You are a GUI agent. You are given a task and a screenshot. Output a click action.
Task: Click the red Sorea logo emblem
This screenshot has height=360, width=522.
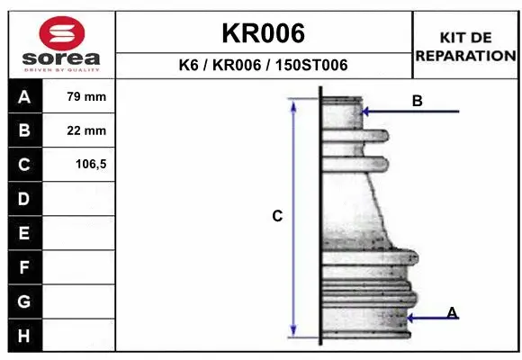click(62, 33)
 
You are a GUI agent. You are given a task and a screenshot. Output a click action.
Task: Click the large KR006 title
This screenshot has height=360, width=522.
click(264, 33)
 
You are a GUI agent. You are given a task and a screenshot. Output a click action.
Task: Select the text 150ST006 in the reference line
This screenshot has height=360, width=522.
click(311, 65)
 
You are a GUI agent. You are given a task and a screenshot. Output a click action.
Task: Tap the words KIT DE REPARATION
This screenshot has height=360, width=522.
click(465, 47)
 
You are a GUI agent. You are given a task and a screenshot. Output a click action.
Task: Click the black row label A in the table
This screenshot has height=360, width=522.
click(25, 96)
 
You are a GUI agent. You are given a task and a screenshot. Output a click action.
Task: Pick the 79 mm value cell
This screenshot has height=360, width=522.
click(78, 96)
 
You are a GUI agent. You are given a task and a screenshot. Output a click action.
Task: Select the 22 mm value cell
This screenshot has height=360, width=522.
click(78, 130)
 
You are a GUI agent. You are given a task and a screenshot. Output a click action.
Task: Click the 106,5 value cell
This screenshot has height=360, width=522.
click(78, 164)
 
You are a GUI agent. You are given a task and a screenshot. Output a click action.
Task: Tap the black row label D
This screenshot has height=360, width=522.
click(25, 199)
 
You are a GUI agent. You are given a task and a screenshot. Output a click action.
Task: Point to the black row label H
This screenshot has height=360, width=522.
click(25, 336)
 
